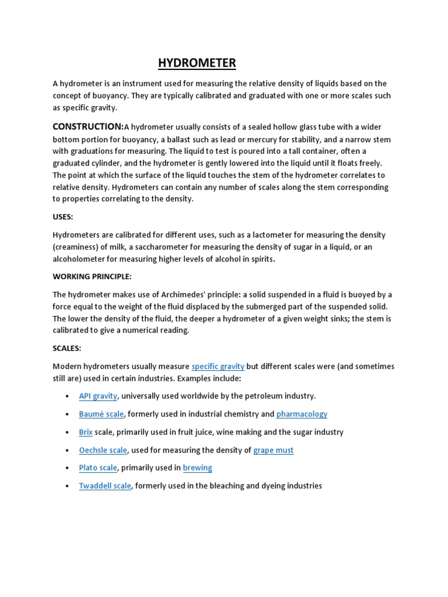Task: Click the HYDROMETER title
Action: tap(198, 63)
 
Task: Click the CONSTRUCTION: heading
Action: tap(88, 127)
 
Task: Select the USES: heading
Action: tap(63, 216)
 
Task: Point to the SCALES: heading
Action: tap(67, 348)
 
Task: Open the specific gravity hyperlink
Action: tap(218, 366)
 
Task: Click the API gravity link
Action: tap(98, 396)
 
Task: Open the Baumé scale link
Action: tap(101, 414)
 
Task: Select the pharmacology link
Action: tap(302, 414)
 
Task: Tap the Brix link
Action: tap(86, 432)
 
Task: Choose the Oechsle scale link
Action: tap(103, 450)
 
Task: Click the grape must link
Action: tap(273, 450)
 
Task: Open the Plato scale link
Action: tap(98, 468)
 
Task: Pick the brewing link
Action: tap(197, 468)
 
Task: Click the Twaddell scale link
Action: tap(105, 486)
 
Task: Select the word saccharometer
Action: tap(166, 247)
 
